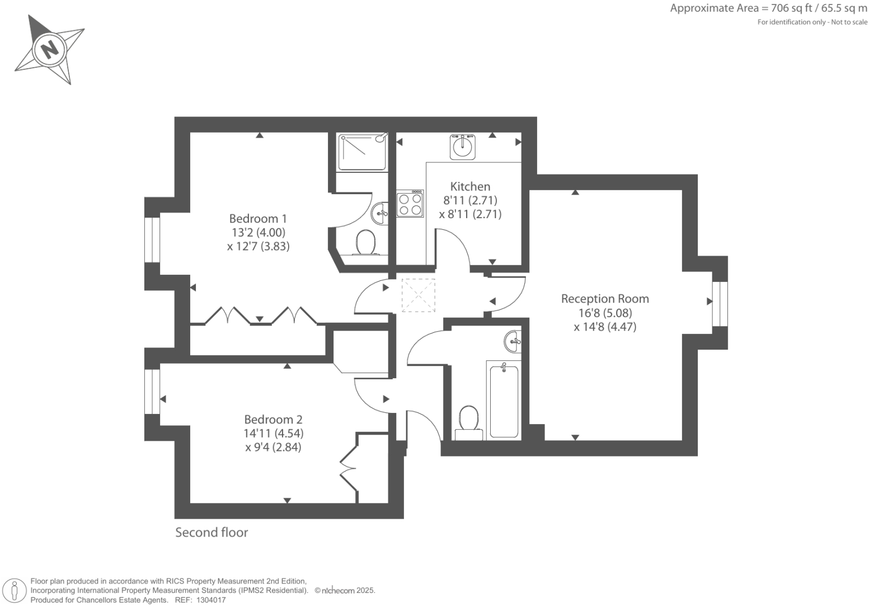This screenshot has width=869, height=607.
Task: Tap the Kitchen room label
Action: [x=470, y=187]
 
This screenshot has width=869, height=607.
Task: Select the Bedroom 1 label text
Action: [x=258, y=219]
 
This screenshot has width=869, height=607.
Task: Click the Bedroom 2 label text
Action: [x=273, y=420]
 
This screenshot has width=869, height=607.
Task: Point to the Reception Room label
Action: [x=605, y=299]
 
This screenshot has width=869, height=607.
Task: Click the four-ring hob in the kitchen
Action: [x=410, y=204]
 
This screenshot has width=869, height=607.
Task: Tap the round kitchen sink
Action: [x=463, y=147]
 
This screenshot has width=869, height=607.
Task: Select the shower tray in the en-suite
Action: [x=362, y=152]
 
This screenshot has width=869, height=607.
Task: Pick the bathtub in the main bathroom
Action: [x=504, y=399]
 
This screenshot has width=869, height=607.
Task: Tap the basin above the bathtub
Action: [x=513, y=341]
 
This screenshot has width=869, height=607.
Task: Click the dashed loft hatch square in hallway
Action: [x=418, y=295]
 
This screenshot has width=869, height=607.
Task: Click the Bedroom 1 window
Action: [x=152, y=239]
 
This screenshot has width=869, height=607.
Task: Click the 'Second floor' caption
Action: [x=212, y=533]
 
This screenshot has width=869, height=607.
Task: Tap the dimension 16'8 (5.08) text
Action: [x=605, y=313]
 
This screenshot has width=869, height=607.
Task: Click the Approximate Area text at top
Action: [x=768, y=8]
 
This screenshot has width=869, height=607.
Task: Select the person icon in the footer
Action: [x=15, y=591]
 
